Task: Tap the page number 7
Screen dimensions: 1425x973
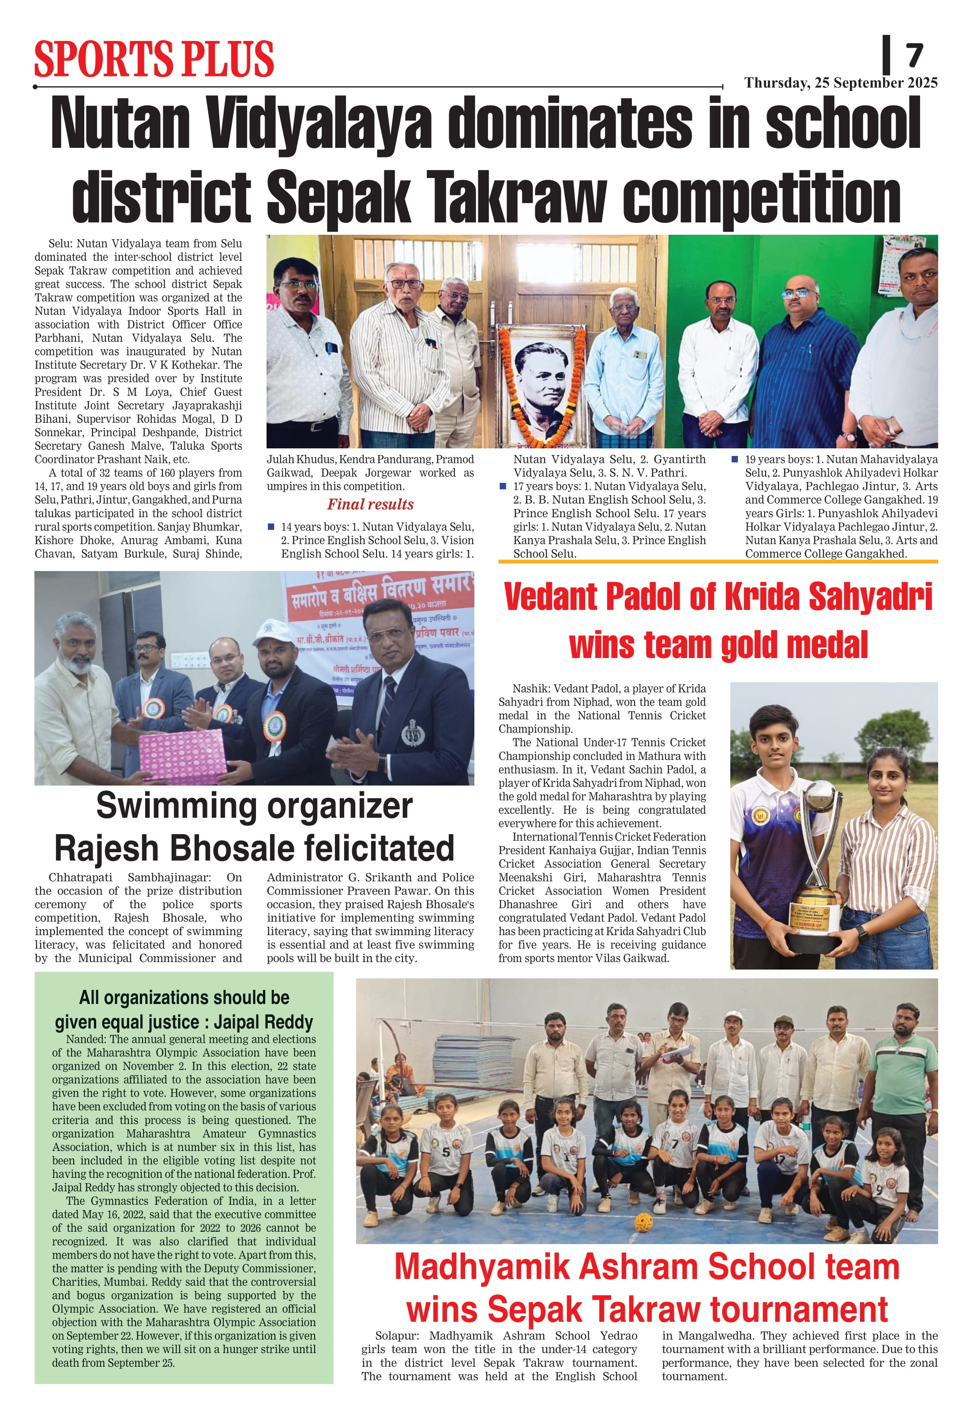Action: (x=914, y=56)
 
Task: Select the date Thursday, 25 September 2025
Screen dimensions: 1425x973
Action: (x=841, y=83)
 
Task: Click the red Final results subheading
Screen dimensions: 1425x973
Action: (x=370, y=504)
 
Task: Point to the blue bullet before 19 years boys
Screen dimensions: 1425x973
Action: (x=735, y=459)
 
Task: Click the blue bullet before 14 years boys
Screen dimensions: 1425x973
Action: (x=271, y=527)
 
